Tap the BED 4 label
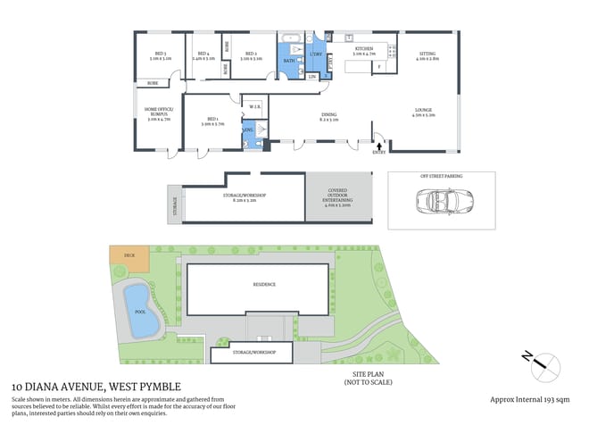click(203, 54)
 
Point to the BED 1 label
click(212, 119)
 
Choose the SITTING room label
click(427, 54)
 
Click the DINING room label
click(329, 114)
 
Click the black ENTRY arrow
click(381, 145)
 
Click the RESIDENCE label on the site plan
click(263, 284)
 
